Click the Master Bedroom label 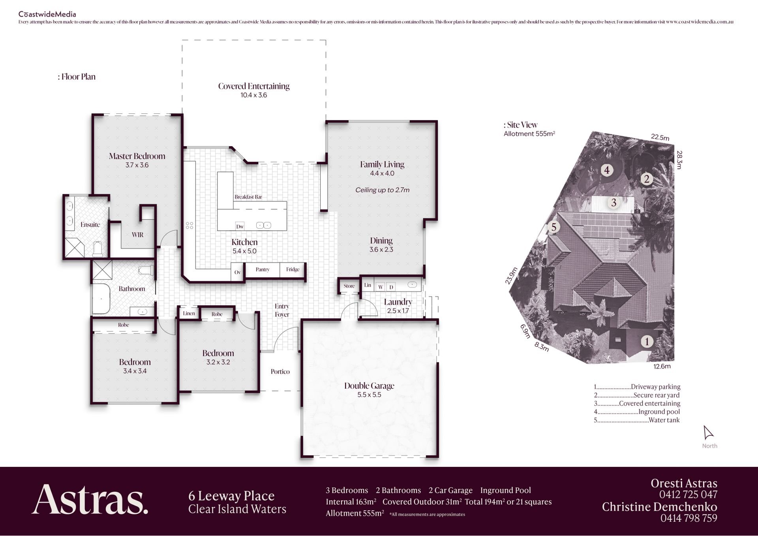pos(137,156)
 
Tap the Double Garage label pos(369,386)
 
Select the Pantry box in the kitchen pos(263,270)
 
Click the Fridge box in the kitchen pos(293,270)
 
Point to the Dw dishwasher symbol pos(240,226)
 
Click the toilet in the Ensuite pos(98,249)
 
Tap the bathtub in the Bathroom pos(101,299)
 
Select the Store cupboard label pos(349,286)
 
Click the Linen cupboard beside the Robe pos(189,313)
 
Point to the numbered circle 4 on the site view pos(607,170)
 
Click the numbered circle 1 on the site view pos(647,341)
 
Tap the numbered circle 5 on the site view pos(554,227)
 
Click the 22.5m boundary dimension pos(660,137)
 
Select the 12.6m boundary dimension pos(662,366)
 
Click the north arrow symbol pos(709,432)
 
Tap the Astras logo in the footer pos(90,500)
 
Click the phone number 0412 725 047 pos(688,495)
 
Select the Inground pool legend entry pos(637,412)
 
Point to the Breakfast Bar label pos(248,197)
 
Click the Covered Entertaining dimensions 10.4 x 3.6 pos(254,95)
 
